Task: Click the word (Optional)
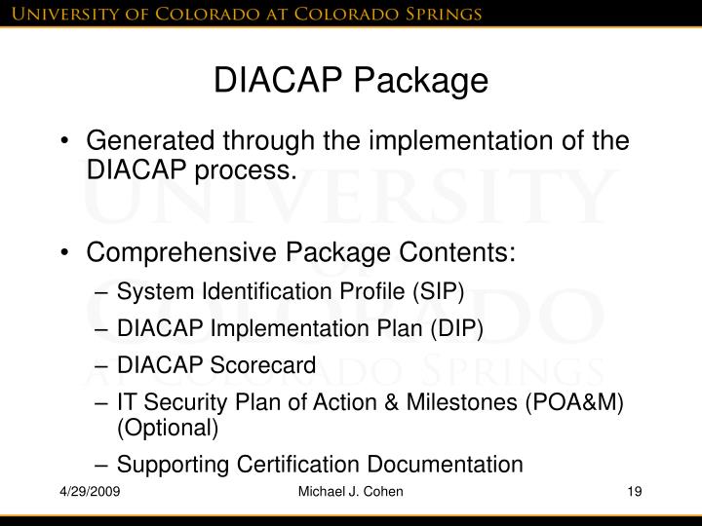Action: click(x=168, y=428)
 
